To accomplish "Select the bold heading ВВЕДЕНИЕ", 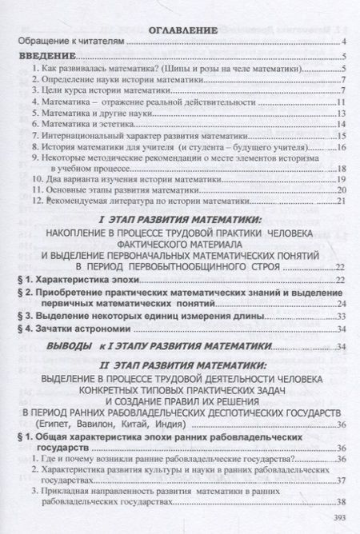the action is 46,57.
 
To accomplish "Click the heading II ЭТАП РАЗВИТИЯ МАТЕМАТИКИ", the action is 183,364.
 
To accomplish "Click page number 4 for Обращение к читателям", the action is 342,42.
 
